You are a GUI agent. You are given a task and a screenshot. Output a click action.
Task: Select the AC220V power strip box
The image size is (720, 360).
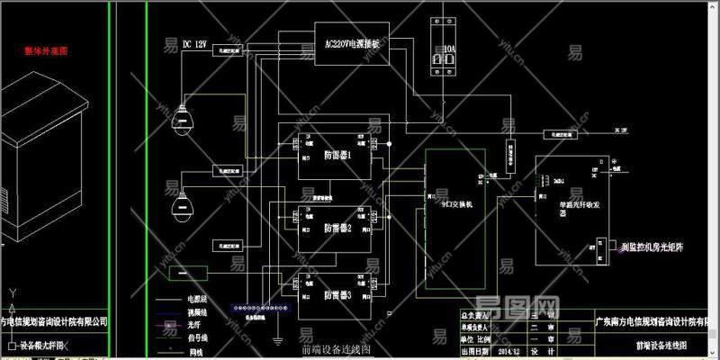[350, 43]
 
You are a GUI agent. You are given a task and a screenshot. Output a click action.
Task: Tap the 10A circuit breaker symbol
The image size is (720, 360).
[444, 54]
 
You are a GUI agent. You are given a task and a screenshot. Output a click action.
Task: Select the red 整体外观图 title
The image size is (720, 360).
[46, 51]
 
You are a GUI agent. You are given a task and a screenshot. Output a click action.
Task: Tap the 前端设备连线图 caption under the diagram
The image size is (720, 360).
[336, 350]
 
